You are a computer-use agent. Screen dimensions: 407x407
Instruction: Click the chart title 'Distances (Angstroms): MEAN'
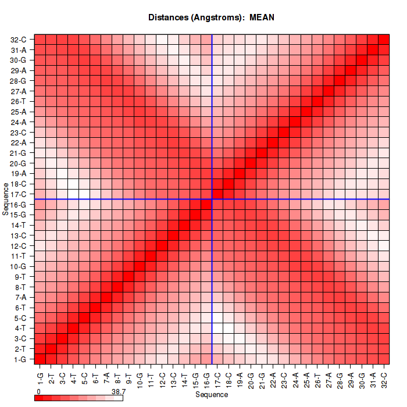212,17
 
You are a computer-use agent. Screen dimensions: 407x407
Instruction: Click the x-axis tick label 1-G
40,377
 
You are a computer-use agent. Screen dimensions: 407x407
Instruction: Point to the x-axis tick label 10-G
140,379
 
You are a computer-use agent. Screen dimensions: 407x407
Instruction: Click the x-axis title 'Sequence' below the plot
212,395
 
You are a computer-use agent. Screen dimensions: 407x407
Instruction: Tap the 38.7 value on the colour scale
119,392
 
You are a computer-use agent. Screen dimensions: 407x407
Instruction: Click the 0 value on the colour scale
38,392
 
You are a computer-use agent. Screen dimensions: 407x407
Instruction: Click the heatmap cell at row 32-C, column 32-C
384,40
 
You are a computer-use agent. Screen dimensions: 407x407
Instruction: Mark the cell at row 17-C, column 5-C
84,194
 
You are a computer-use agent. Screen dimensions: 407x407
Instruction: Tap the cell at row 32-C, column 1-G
40,40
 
